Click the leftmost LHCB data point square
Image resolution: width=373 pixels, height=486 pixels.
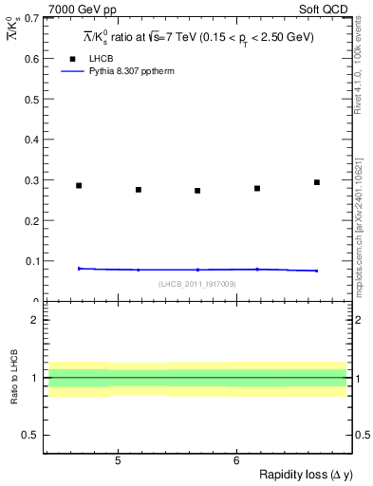point(79,186)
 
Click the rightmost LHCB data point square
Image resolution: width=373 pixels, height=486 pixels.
point(317,182)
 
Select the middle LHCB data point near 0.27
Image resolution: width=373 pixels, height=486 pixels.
point(197,191)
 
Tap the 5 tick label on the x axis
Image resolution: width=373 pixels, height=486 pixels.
point(117,461)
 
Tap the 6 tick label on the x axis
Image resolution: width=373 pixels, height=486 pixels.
point(235,461)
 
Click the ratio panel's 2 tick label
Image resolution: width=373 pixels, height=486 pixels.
point(33,320)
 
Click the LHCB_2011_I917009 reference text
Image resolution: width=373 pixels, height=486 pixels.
point(196,285)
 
